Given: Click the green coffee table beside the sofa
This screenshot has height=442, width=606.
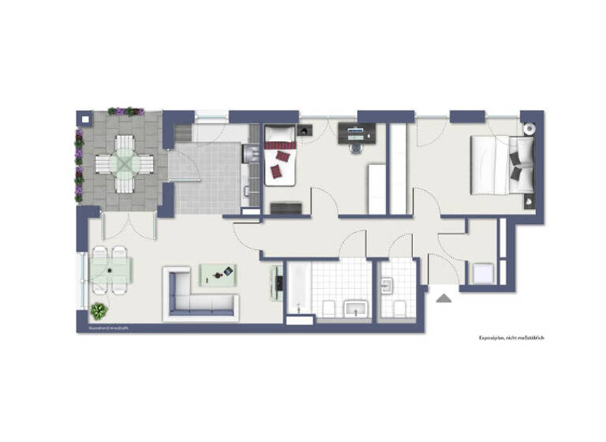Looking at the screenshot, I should coord(217,274).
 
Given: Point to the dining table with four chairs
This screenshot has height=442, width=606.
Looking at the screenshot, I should coord(110,270).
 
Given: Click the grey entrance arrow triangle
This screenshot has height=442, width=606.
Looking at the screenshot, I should coord(443,298).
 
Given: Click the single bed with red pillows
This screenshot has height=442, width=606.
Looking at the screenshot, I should coord(280,155).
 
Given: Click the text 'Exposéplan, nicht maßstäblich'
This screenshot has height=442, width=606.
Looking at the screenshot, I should coord(511,337).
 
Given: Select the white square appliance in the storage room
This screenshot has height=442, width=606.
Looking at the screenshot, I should coord(481,273).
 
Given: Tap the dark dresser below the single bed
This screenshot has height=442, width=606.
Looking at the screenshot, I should coord(285,208).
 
